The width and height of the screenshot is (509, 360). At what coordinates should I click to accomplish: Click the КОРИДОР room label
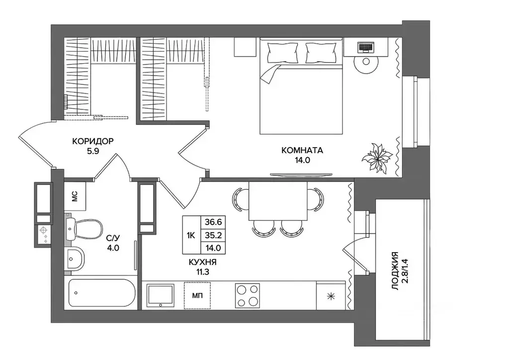[x=93, y=141]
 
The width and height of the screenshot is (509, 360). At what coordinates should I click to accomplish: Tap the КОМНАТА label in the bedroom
[x=302, y=150]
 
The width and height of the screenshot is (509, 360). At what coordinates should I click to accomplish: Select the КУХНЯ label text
[x=203, y=262]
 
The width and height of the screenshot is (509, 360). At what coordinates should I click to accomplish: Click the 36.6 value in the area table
[x=213, y=222]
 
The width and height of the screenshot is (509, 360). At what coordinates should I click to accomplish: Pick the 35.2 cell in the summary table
[x=213, y=235]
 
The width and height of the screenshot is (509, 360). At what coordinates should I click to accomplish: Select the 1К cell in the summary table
[x=191, y=235]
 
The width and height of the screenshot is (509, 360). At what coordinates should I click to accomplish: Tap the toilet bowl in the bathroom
[x=85, y=229]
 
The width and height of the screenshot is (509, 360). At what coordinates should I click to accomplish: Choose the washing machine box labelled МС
[x=75, y=196]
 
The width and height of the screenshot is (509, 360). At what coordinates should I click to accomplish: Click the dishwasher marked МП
[x=197, y=296]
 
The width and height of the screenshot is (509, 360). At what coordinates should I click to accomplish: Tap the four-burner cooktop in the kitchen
[x=248, y=295]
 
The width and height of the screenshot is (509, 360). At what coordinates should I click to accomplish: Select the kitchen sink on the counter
[x=161, y=295]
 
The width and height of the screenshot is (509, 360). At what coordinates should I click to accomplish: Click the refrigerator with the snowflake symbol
[x=331, y=295]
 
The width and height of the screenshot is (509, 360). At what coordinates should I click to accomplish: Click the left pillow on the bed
[x=282, y=52]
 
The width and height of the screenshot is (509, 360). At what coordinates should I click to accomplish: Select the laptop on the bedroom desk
[x=365, y=47]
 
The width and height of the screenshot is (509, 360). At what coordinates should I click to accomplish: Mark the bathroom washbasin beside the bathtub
[x=75, y=259]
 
